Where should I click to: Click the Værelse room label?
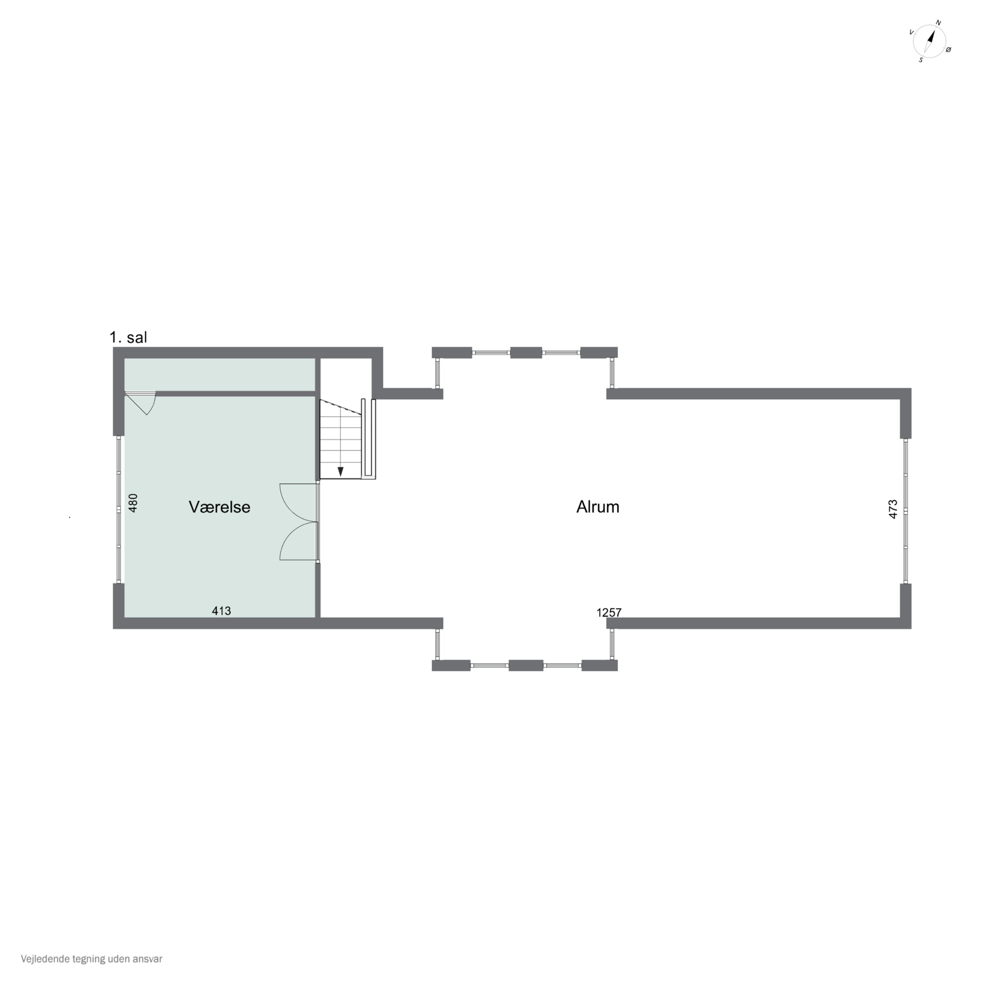(x=219, y=507)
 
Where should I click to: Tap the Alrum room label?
(x=598, y=507)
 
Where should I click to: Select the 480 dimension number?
(x=133, y=503)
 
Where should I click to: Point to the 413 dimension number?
(x=221, y=611)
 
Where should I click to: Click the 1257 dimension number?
(x=609, y=613)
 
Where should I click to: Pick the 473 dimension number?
(x=893, y=509)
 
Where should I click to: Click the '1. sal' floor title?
(x=129, y=337)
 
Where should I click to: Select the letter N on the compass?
(x=938, y=23)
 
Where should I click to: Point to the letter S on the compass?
(x=921, y=60)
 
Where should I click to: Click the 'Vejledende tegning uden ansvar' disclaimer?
(x=92, y=959)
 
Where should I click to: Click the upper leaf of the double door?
(x=299, y=502)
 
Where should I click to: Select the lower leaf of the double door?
(x=299, y=541)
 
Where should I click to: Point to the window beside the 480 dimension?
(x=119, y=509)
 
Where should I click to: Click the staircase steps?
(x=340, y=439)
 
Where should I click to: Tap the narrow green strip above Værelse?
(x=219, y=375)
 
